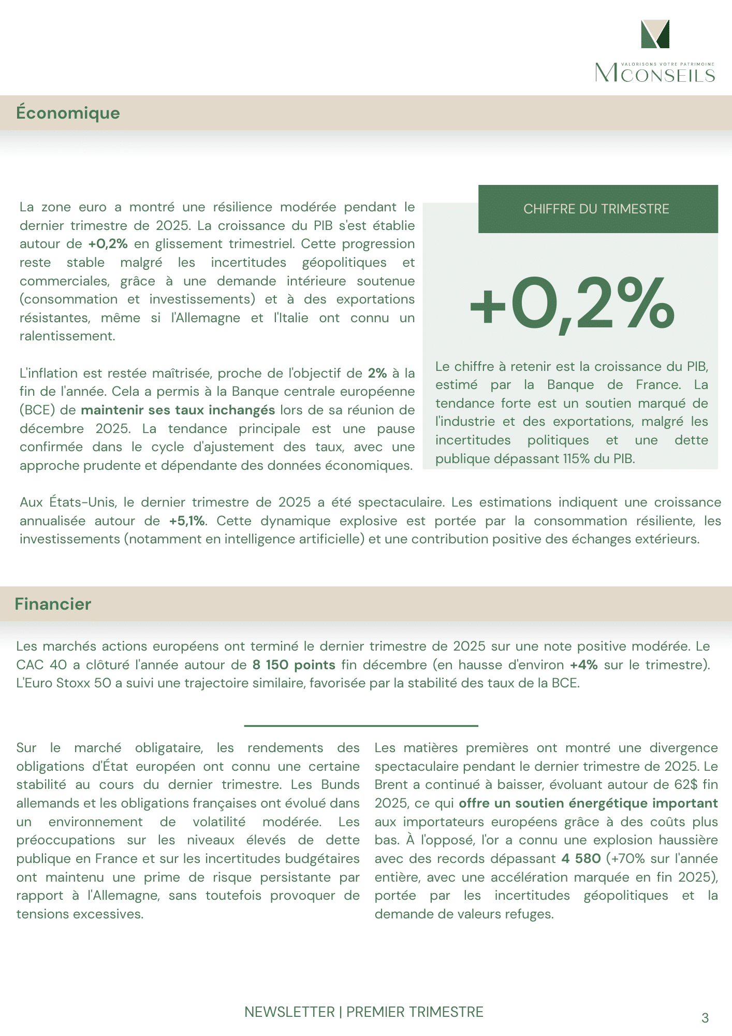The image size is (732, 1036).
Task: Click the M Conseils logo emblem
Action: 655,34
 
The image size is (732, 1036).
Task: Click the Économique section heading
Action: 68,113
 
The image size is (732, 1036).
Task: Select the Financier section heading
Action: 53,604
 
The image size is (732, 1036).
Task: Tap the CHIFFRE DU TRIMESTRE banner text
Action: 596,209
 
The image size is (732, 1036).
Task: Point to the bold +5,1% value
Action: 187,521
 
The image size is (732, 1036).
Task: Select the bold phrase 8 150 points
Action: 294,665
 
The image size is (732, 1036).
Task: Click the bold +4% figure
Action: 583,665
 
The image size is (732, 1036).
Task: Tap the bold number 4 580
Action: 581,858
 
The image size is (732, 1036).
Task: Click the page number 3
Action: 705,1018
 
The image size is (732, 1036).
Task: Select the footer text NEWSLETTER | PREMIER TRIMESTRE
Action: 363,1012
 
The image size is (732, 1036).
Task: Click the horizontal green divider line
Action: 361,726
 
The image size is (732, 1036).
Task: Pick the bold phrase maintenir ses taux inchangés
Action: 178,410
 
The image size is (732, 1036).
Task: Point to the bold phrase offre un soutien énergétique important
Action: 588,803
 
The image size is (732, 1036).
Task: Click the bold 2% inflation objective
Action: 377,373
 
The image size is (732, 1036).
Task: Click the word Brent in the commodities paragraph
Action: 391,785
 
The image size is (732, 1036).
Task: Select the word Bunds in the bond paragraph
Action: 340,785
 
